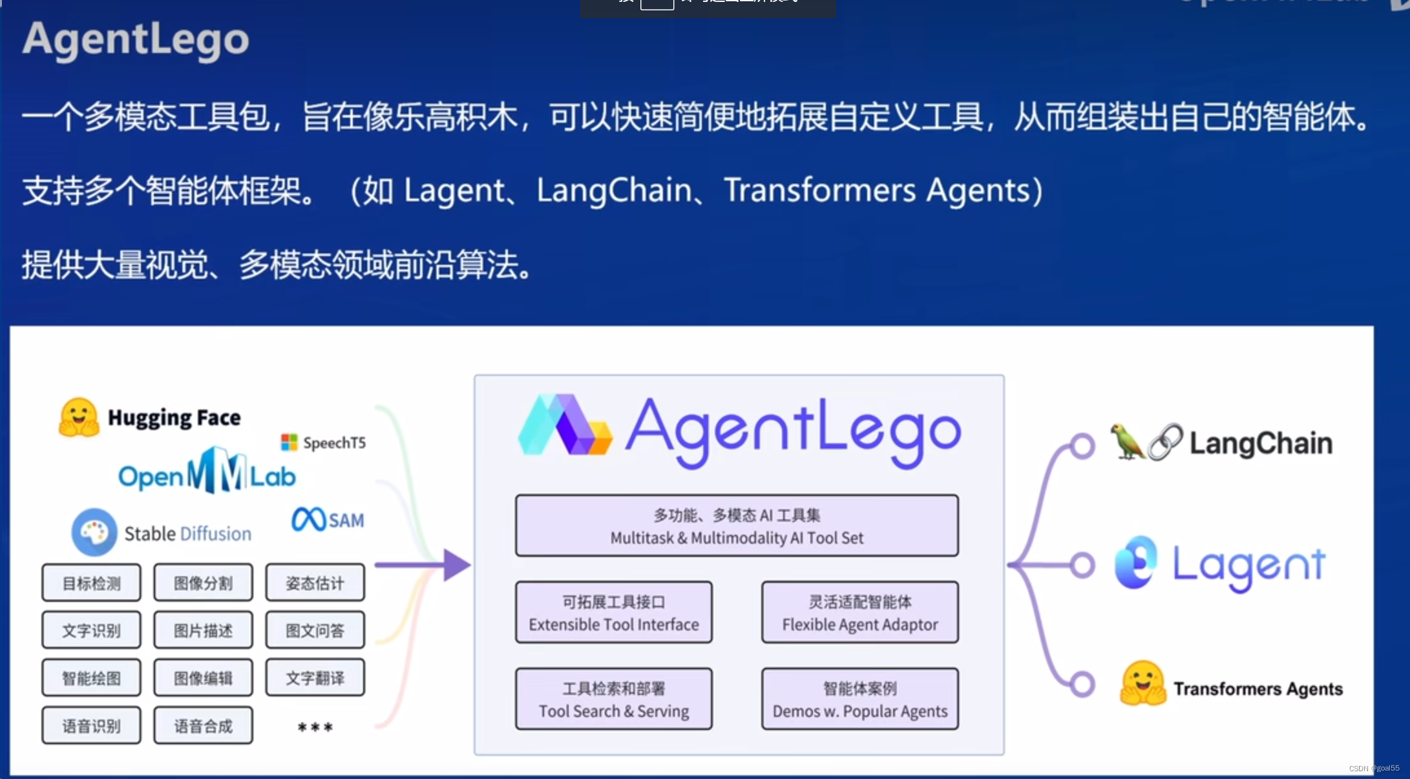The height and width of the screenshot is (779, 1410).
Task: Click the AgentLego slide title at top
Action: (136, 39)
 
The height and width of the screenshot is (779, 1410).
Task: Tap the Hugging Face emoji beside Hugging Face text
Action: (79, 417)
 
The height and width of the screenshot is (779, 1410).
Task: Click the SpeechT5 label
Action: (324, 442)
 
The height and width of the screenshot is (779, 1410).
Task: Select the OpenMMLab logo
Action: (207, 472)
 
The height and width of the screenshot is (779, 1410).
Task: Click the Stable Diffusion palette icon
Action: (94, 532)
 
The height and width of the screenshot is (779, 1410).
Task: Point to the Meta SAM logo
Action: (328, 519)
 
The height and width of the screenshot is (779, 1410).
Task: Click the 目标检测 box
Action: (91, 583)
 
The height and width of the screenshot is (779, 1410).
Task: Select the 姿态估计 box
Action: (315, 583)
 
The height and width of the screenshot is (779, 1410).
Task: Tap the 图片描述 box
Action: (203, 630)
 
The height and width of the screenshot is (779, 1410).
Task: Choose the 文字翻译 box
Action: (315, 678)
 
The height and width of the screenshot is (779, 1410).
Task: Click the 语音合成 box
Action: (203, 725)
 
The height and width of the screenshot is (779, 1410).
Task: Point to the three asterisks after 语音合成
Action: (315, 727)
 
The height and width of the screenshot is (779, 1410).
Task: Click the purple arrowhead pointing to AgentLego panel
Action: (456, 565)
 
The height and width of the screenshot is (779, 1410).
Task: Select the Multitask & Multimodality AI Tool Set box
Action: (737, 526)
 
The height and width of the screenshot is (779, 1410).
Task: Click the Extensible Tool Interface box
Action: (614, 612)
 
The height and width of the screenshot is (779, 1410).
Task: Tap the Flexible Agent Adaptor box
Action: (859, 612)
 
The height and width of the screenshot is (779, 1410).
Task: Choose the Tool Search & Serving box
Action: (614, 699)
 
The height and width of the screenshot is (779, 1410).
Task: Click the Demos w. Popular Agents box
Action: (859, 699)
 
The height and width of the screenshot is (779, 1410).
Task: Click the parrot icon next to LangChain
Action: (1126, 442)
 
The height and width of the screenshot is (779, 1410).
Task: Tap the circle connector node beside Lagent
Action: (1082, 565)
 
